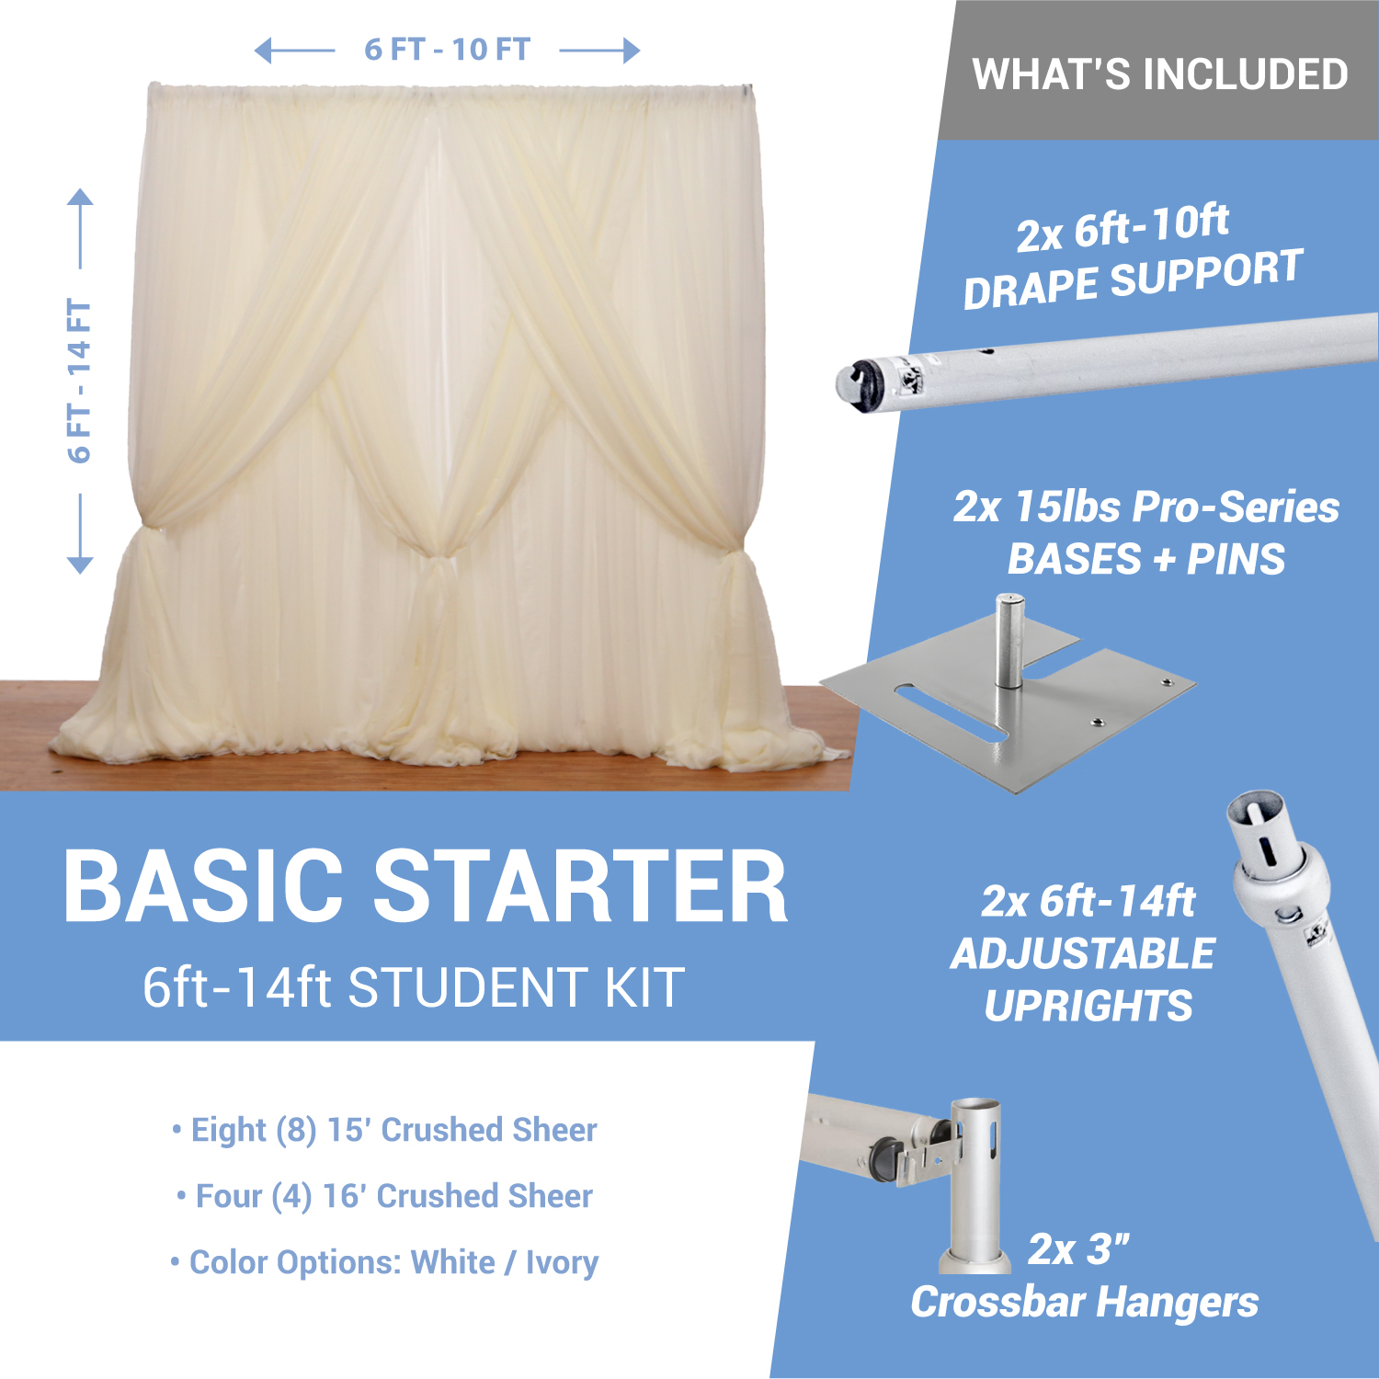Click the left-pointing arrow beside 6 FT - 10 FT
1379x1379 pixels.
click(x=294, y=51)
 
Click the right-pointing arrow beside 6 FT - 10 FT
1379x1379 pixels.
click(x=599, y=51)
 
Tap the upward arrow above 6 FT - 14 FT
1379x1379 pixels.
click(x=80, y=229)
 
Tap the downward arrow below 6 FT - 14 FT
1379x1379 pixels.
click(x=80, y=534)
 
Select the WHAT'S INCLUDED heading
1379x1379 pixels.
click(x=1160, y=74)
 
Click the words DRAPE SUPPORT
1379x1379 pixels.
click(x=1133, y=279)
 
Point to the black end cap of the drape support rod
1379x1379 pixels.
click(x=860, y=382)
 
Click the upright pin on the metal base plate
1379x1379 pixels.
click(x=1009, y=641)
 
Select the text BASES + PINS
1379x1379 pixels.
click(x=1146, y=559)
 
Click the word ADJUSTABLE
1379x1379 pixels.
click(x=1084, y=954)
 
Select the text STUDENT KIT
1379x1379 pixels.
click(x=516, y=988)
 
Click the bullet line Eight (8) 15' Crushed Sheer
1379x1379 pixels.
click(x=384, y=1130)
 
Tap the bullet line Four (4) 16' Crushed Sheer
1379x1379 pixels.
click(x=384, y=1196)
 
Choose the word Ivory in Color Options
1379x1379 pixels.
click(x=562, y=1263)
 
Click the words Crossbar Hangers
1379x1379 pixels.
click(x=1085, y=1304)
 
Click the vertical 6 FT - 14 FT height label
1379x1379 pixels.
click(x=80, y=381)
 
